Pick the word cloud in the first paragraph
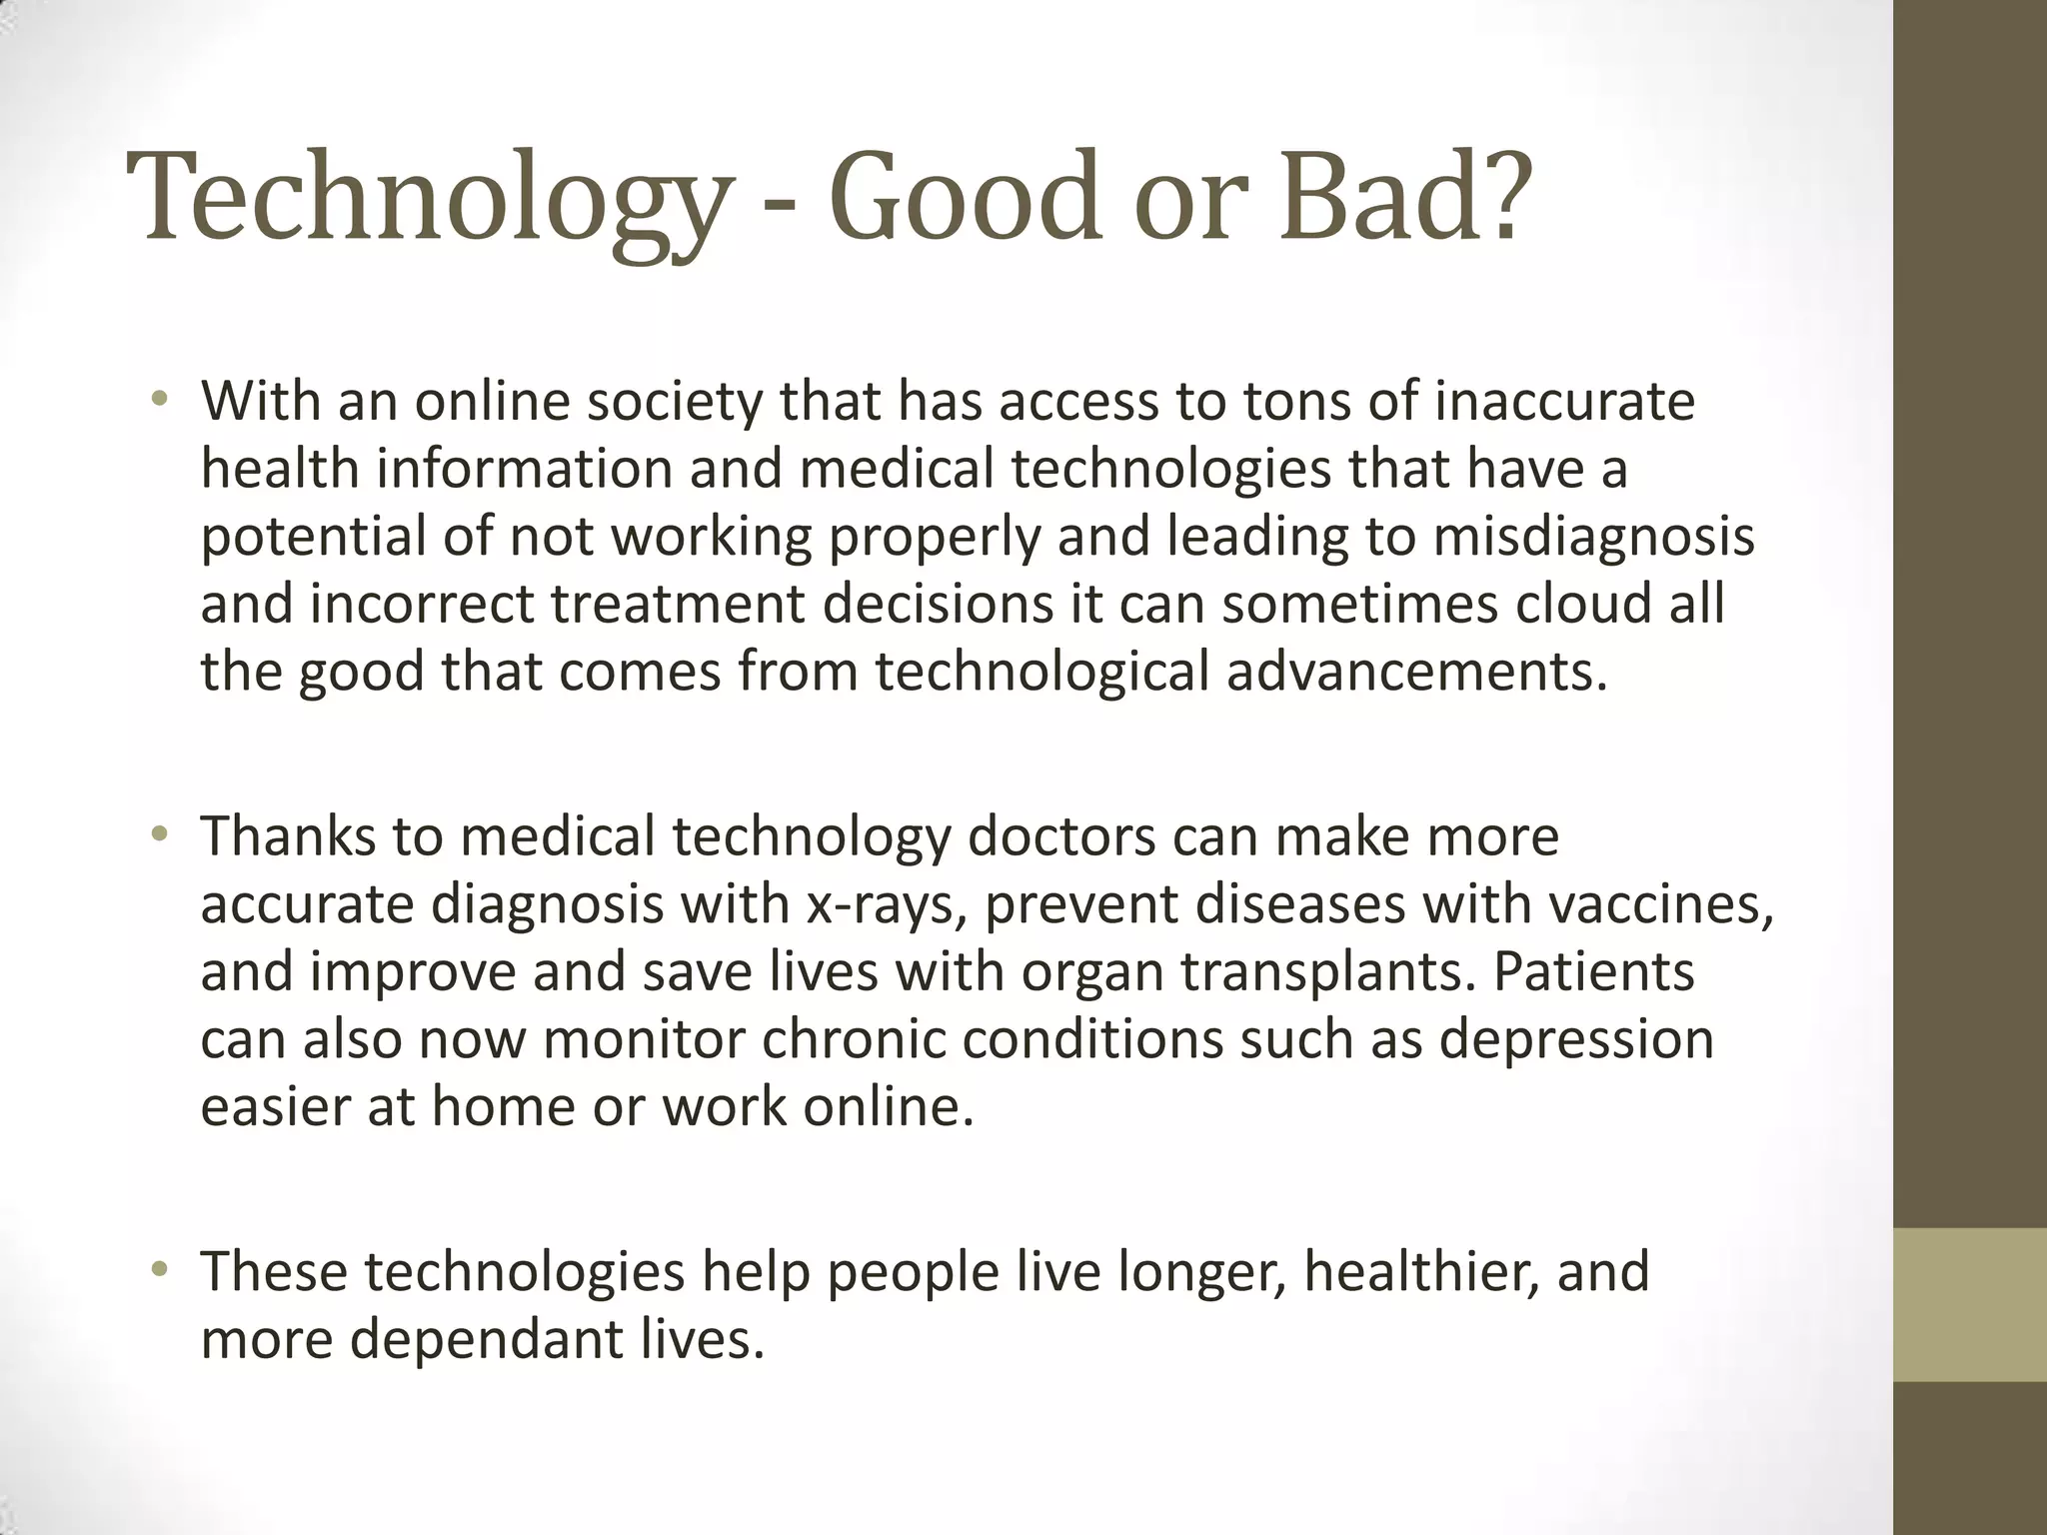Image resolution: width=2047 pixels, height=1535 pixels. [x=1583, y=604]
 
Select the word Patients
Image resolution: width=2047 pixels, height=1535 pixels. [x=1593, y=971]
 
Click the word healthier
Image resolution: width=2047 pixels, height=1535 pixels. [x=1420, y=1271]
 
